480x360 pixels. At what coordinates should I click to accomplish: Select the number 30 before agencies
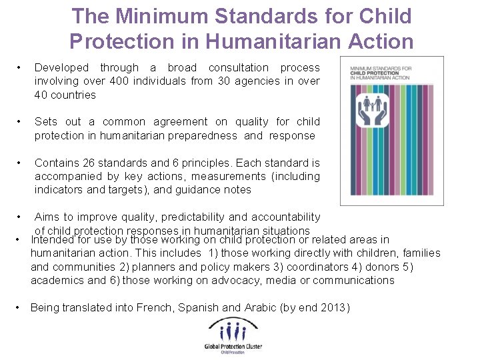(x=217, y=81)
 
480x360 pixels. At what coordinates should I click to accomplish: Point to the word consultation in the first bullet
(x=238, y=67)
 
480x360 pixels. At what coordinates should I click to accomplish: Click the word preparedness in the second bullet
(x=201, y=135)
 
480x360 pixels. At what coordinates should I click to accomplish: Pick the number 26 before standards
(x=91, y=163)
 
